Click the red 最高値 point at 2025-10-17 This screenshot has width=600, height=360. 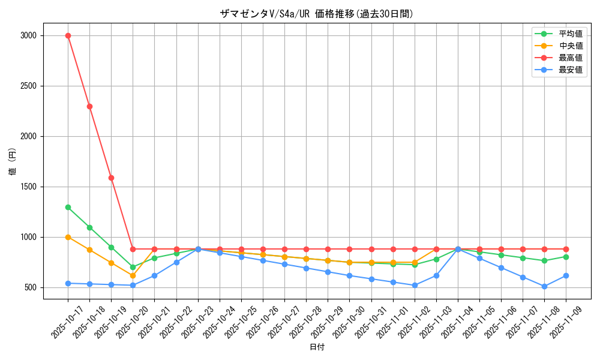[68, 35]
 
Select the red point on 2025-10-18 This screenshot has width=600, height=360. [89, 106]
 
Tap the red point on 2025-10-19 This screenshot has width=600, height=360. [111, 178]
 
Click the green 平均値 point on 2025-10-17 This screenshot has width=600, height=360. [68, 207]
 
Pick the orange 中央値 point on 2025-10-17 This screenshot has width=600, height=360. [68, 237]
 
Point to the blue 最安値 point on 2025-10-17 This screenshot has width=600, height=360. [68, 283]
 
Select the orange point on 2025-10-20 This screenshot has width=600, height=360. [133, 275]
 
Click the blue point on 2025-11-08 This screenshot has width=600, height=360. [544, 286]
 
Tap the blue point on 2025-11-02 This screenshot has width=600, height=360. [415, 285]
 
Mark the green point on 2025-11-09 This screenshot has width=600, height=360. [566, 257]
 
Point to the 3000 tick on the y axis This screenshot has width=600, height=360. [29, 35]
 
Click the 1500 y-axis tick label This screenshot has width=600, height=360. [29, 187]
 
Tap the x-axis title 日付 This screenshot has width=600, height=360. [317, 347]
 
